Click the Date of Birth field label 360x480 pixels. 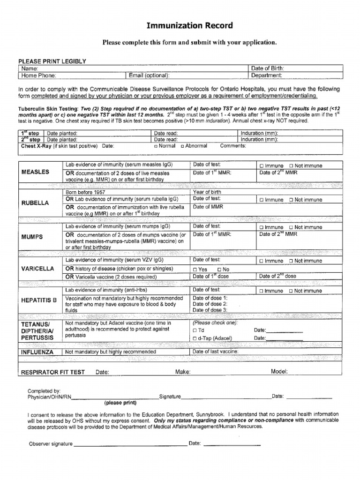(x=267, y=68)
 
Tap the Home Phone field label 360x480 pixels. (x=37, y=75)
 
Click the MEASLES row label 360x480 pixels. (x=35, y=172)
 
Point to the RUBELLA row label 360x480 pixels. (x=35, y=203)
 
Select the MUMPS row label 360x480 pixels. (x=32, y=237)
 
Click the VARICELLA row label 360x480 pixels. (x=37, y=269)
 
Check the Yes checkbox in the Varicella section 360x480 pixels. (x=195, y=270)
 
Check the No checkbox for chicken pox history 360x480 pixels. (x=219, y=270)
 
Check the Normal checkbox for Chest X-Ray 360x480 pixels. (x=156, y=146)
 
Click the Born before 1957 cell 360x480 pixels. (x=85, y=192)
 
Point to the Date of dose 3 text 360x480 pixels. (x=210, y=310)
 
